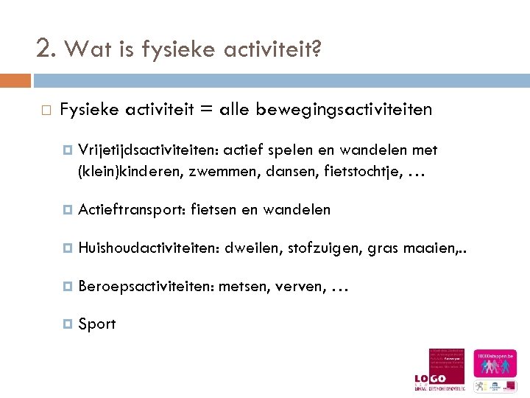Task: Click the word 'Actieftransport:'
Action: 132,210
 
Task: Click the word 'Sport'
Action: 96,324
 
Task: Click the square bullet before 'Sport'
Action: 68,324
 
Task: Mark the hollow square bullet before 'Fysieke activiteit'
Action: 45,110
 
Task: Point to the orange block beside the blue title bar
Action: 15,80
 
